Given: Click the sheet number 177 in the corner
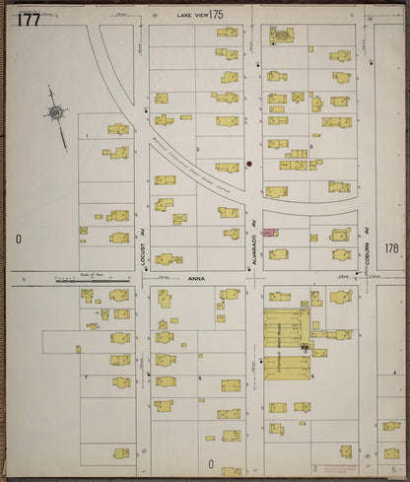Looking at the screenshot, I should click(28, 19).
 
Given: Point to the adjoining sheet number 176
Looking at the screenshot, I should click(391, 248).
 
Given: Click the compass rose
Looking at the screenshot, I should click(56, 113).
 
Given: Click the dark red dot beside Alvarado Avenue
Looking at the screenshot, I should click(249, 163).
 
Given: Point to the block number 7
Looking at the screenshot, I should click(87, 378).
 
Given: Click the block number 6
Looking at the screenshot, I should click(200, 378).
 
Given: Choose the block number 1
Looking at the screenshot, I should click(88, 134).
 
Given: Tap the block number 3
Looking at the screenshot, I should click(310, 146).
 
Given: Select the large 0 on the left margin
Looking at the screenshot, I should click(18, 240).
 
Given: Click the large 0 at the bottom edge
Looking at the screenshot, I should click(210, 463).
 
